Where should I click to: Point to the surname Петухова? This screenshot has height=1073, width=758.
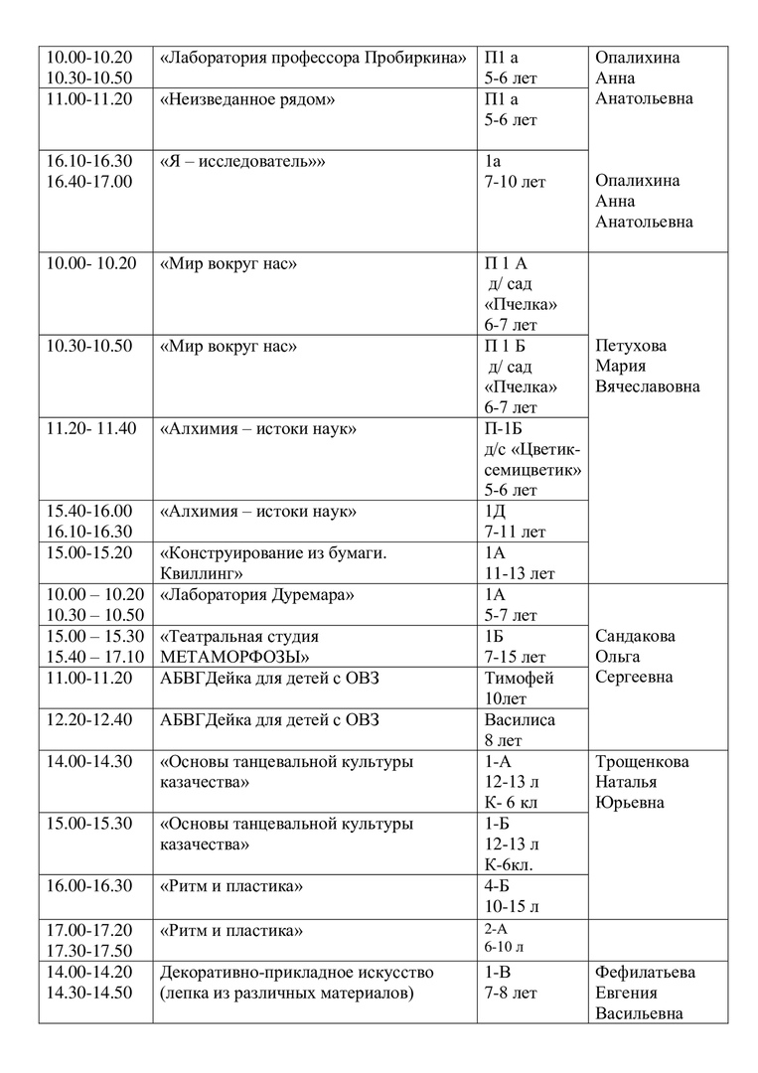pos(631,347)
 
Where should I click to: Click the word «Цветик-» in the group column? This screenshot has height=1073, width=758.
pos(546,449)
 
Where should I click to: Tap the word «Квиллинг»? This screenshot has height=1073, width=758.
pos(204,573)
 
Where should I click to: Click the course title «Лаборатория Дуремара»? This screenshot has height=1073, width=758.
pos(257,594)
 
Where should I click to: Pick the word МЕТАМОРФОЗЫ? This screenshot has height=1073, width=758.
pos(233,657)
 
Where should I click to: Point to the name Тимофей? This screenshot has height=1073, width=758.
pos(519,678)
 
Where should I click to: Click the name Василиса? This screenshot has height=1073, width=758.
pos(520,719)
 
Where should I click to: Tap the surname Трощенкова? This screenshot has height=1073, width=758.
pos(641,762)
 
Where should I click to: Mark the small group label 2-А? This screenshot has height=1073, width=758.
pos(497,929)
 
